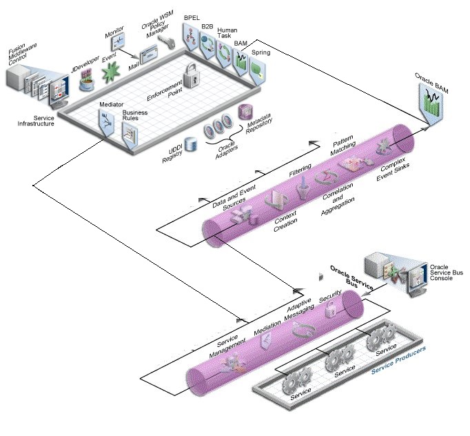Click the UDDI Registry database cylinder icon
(190, 145)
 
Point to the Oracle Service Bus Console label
(446, 272)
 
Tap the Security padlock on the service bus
(330, 310)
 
